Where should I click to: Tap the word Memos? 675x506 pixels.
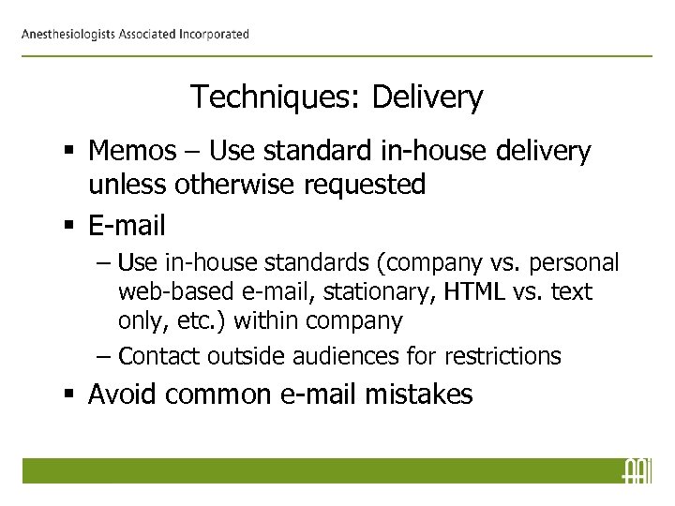[134, 154]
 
